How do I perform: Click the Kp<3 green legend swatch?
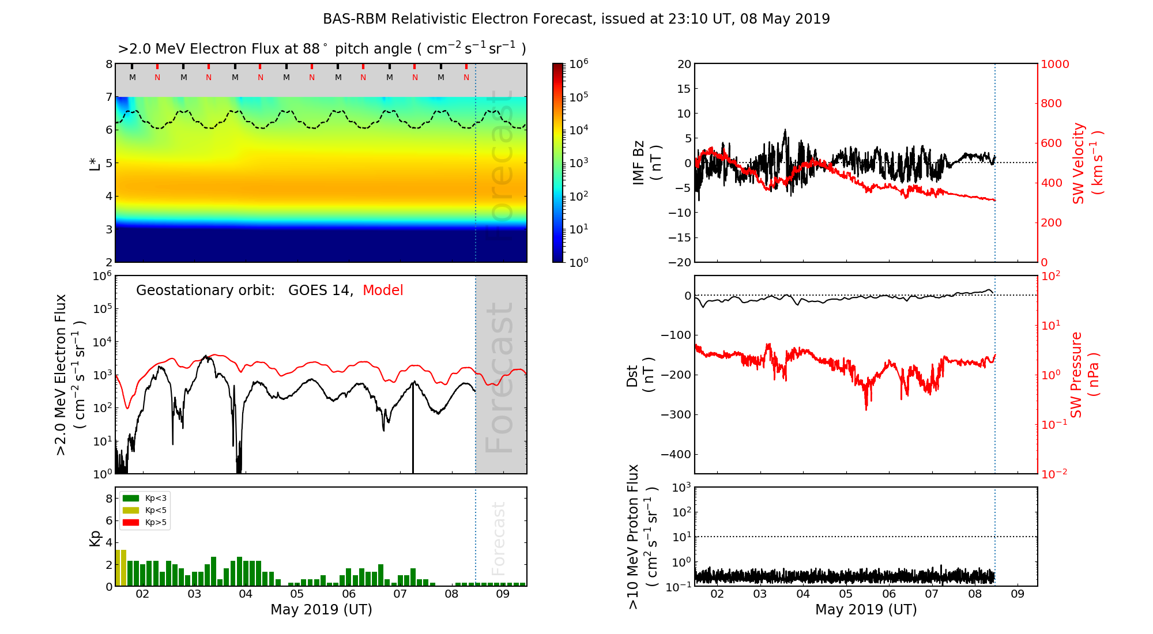(131, 498)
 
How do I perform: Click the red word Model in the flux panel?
(383, 290)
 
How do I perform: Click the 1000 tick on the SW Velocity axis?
(1054, 64)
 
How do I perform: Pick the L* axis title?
(95, 163)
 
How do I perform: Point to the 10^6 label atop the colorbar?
(578, 63)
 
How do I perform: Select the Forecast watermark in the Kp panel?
(499, 538)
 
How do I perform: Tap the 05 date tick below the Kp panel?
(297, 594)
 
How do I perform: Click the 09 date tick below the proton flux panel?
(1018, 594)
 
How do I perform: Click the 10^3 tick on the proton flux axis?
(681, 488)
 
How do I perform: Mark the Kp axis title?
(95, 538)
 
